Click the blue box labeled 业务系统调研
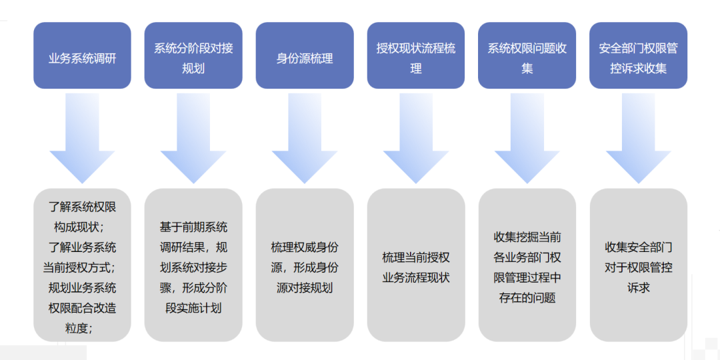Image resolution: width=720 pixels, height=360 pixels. click(x=82, y=56)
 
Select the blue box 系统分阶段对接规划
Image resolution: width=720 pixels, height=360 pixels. click(x=193, y=56)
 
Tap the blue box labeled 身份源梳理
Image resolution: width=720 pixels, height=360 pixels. click(x=305, y=56)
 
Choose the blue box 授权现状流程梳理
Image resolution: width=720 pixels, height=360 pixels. click(x=416, y=56)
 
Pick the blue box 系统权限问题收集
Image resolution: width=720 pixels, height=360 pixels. click(x=527, y=56)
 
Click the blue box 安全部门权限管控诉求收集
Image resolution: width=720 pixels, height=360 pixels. click(x=638, y=56)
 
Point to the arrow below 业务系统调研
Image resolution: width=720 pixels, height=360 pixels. click(x=82, y=140)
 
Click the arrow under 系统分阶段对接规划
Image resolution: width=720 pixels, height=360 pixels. click(x=193, y=140)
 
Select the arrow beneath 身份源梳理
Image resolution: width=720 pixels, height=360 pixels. click(x=305, y=140)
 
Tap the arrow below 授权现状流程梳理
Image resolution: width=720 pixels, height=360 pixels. click(x=416, y=140)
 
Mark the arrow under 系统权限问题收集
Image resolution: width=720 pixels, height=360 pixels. click(x=527, y=140)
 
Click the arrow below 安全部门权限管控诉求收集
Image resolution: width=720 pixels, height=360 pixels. click(x=638, y=140)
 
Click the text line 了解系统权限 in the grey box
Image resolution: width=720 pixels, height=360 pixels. click(x=83, y=207)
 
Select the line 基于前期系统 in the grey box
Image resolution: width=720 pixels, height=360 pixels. click(x=193, y=227)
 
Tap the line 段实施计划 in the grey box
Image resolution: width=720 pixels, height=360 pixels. click(x=193, y=308)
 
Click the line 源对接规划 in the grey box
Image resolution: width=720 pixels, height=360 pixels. click(x=305, y=287)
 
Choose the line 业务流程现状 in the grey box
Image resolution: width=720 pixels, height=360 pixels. click(x=416, y=277)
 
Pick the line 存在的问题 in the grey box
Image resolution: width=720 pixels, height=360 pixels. click(x=527, y=298)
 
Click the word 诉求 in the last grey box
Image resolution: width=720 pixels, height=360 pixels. click(x=638, y=287)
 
